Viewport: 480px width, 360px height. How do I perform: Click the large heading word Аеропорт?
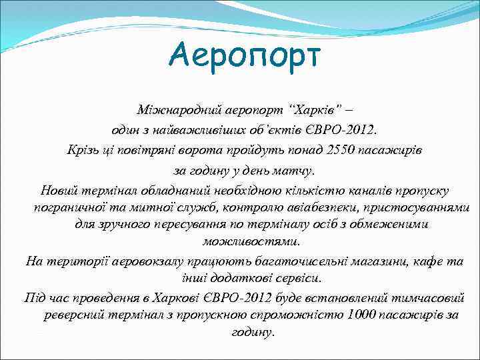[245, 55]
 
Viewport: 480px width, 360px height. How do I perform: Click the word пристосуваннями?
[413, 207]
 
